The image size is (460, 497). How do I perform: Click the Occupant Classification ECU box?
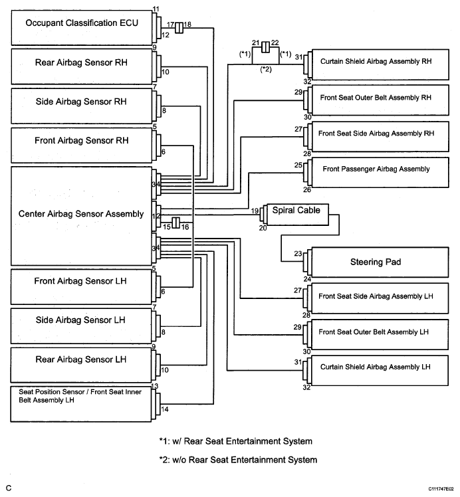pos(82,28)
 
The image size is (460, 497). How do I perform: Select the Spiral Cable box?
pos(298,215)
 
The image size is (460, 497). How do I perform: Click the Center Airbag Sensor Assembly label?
pos(81,214)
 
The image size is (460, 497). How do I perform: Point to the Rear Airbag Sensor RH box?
pos(82,66)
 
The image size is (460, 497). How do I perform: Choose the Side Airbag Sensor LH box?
pos(81,326)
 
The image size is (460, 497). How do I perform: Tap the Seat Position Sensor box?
pos(81,404)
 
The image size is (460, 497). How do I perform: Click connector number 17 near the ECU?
pos(170,25)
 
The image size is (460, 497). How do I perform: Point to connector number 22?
pos(275,43)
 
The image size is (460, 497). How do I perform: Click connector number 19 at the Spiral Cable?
pos(255,211)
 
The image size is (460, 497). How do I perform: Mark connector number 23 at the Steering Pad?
pos(298,254)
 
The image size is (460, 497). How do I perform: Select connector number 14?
pos(165,409)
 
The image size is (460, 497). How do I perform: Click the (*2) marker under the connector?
pos(266,69)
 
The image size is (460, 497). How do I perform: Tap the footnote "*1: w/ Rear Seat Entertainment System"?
pos(235,441)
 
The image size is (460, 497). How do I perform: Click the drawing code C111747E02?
pos(441,489)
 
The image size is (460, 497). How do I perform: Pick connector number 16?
pos(185,227)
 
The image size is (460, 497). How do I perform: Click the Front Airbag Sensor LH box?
pos(81,287)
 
